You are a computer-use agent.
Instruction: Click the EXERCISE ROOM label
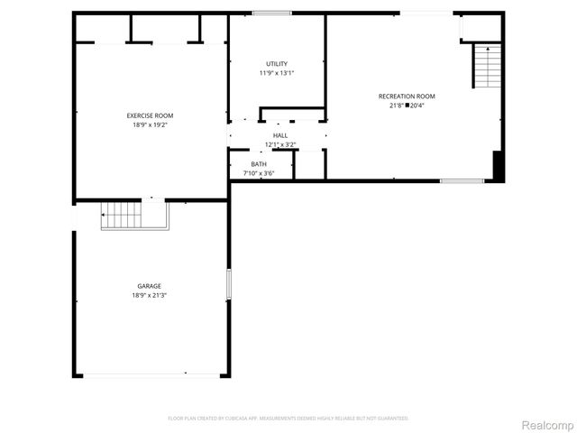pos(150,115)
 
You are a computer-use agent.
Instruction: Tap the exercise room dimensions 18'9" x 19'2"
pos(150,124)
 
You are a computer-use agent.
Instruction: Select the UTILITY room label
pos(277,63)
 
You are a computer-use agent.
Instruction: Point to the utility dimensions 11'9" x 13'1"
pos(277,73)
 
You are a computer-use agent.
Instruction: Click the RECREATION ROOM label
pos(407,96)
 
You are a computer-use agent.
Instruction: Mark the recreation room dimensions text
pos(407,106)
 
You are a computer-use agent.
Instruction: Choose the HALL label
pos(280,134)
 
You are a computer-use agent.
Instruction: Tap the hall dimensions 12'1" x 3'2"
pos(280,144)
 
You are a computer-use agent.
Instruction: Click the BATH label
pos(259,163)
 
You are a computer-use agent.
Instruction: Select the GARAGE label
pos(150,286)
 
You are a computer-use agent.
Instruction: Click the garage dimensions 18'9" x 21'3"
pos(150,295)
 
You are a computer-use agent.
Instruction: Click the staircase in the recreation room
pos(486,66)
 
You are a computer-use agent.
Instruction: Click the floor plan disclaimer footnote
pos(288,419)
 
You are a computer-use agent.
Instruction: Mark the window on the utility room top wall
pos(271,13)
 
